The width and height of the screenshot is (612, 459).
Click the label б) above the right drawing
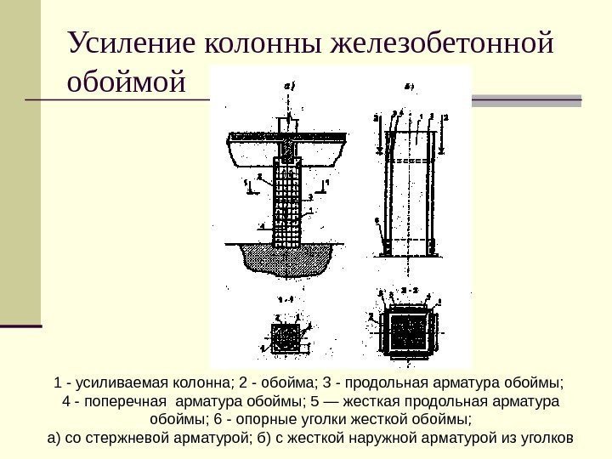[x=408, y=86]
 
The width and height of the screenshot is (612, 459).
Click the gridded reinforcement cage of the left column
[x=287, y=204]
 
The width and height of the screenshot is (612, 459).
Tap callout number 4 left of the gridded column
[x=261, y=225]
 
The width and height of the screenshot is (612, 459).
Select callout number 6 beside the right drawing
[x=376, y=220]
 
